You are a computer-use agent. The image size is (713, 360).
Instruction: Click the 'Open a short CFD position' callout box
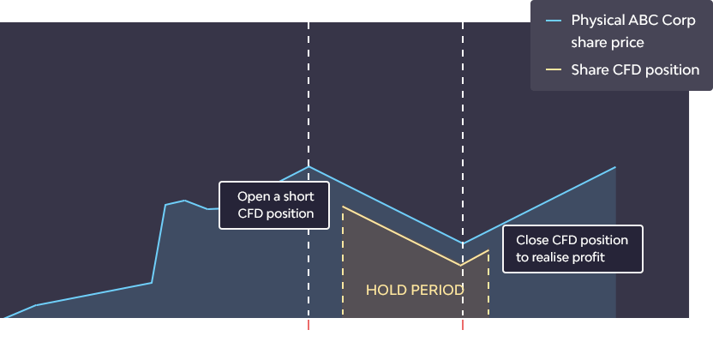click(274, 205)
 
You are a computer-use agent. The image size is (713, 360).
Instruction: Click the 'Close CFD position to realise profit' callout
click(572, 249)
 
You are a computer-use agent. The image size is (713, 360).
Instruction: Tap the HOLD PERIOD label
click(415, 290)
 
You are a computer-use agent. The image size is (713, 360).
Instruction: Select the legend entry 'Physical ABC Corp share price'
click(633, 32)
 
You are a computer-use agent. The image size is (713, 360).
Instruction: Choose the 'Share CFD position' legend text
click(635, 70)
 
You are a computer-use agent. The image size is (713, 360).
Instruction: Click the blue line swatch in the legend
click(554, 21)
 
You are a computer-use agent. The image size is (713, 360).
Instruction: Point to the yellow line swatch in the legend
click(554, 69)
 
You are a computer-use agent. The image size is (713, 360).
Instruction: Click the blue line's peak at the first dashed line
click(309, 167)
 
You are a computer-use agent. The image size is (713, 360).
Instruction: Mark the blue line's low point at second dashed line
click(463, 243)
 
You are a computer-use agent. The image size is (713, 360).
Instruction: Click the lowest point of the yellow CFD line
click(461, 266)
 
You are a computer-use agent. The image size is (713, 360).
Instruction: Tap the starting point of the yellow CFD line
click(343, 207)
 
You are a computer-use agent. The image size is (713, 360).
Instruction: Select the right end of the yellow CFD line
click(488, 250)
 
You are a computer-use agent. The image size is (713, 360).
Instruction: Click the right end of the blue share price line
click(615, 167)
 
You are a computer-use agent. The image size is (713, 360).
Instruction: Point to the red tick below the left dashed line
click(309, 325)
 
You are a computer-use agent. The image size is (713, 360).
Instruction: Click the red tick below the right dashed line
click(463, 325)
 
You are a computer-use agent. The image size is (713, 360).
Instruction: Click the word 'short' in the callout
click(299, 196)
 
